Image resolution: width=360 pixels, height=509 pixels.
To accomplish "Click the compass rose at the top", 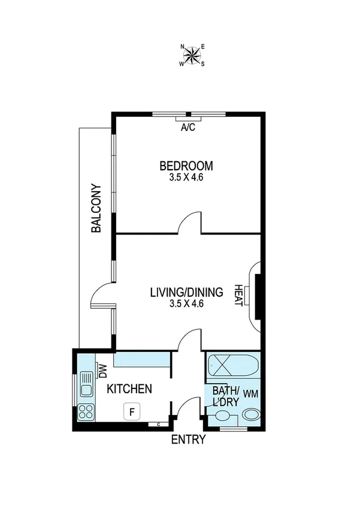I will tap(192, 55).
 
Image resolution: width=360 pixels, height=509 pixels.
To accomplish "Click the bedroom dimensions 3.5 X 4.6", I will tap(186, 177).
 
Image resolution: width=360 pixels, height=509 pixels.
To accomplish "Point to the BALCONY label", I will tap(96, 207).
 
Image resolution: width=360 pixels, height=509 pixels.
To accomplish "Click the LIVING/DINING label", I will tap(186, 293).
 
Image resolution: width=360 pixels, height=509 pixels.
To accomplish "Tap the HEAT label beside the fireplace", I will tap(237, 296).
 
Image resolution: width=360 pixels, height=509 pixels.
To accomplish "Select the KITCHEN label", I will tap(129, 389).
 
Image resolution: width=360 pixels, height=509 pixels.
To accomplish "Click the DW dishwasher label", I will tap(102, 372).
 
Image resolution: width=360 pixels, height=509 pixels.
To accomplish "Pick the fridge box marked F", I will tap(132, 411).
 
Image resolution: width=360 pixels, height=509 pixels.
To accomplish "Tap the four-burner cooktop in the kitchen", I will tap(86, 412).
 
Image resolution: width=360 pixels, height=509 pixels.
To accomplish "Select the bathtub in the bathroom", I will tap(234, 365).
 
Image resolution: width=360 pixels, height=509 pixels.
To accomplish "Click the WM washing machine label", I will tap(250, 394).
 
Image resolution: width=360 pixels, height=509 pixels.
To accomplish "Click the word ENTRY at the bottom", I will tap(188, 440).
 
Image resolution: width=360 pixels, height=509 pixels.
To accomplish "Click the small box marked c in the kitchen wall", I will tap(158, 424).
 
